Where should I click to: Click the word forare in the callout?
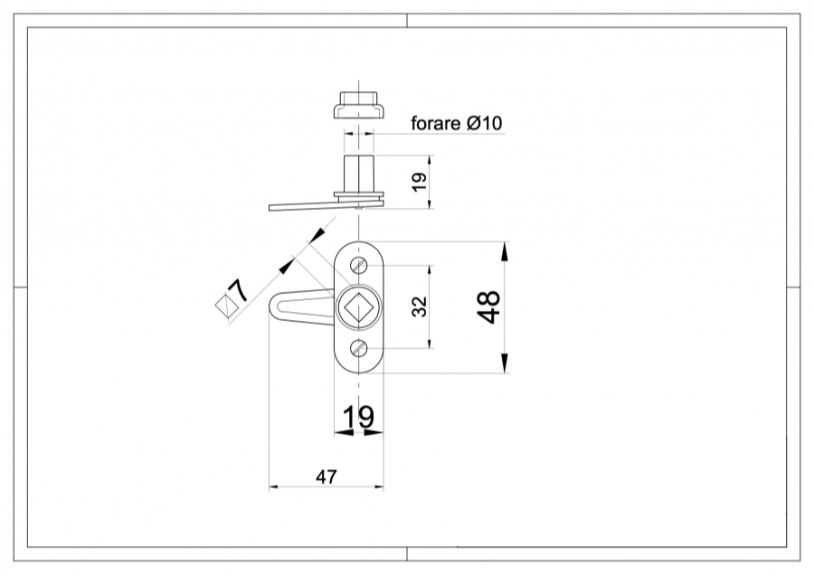tap(436, 124)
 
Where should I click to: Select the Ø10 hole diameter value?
tap(484, 124)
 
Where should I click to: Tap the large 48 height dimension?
tap(489, 307)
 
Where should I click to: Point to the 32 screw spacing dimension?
tap(418, 307)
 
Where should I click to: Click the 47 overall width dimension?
tap(327, 476)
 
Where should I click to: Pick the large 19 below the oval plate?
tap(358, 417)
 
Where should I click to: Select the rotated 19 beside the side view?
tap(418, 182)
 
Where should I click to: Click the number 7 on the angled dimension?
tap(239, 290)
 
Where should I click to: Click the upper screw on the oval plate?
tap(359, 265)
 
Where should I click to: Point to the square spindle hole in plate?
tap(359, 307)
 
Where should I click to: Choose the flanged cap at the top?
tap(358, 105)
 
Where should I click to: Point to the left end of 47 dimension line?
tap(271, 488)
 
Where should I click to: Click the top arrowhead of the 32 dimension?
tap(430, 270)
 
